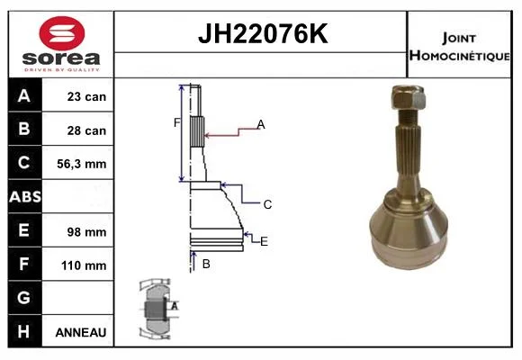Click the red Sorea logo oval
click(x=62, y=33)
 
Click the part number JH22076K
click(x=263, y=33)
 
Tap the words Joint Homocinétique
click(x=459, y=46)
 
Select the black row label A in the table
click(x=24, y=95)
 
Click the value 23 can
click(x=86, y=96)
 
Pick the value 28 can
click(x=86, y=130)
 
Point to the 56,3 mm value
click(x=82, y=164)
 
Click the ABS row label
click(x=25, y=196)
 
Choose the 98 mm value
click(x=86, y=232)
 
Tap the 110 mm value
click(x=84, y=265)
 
